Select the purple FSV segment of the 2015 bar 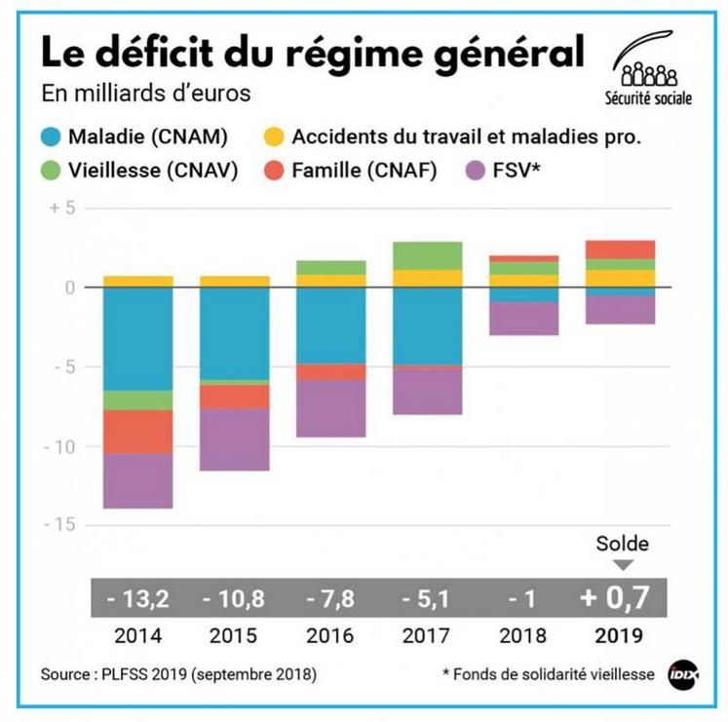point(234,439)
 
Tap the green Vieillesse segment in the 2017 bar point(427,255)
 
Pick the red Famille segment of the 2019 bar point(619,249)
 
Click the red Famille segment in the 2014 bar point(137,431)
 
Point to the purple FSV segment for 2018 point(523,319)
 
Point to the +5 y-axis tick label point(64,209)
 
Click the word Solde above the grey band point(621,544)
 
